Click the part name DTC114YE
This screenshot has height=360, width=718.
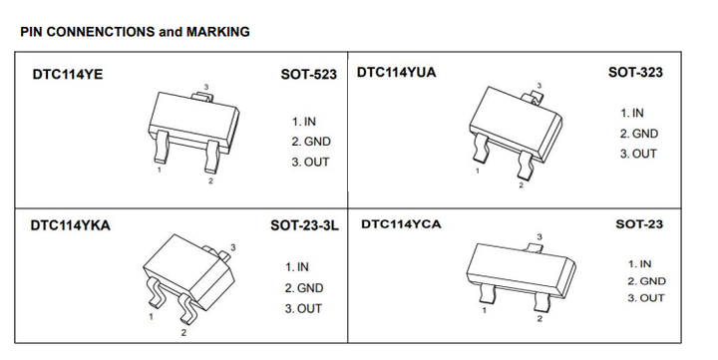tap(68, 74)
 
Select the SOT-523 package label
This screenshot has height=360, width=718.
tap(309, 74)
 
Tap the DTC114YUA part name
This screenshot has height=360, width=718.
tap(397, 73)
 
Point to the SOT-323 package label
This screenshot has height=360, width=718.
tap(635, 72)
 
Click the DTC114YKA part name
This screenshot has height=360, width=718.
tap(71, 225)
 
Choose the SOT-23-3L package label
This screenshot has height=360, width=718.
tap(305, 225)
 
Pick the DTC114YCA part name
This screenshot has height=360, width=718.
tap(401, 224)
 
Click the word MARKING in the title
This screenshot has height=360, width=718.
tap(218, 32)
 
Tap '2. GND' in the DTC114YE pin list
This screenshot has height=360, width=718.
tap(311, 142)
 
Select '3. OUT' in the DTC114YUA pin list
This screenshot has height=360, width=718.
tap(638, 154)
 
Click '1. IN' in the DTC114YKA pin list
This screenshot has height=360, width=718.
tap(297, 266)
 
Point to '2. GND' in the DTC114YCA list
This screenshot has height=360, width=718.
tap(646, 281)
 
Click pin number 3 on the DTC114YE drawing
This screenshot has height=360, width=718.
tap(206, 87)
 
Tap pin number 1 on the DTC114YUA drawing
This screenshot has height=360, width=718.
tap(477, 171)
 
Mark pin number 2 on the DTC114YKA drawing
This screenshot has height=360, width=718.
tap(183, 332)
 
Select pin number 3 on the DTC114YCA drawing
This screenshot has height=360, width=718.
tap(539, 236)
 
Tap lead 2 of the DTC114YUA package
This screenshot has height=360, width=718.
tap(526, 165)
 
